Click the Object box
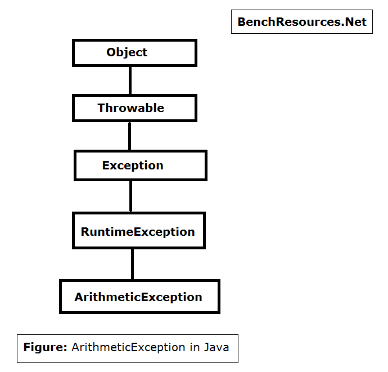[x=134, y=53]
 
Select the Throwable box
[x=134, y=108]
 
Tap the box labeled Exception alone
[x=141, y=165]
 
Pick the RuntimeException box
[x=139, y=230]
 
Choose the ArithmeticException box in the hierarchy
[x=139, y=297]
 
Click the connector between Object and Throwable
[x=130, y=80]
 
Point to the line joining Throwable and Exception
[x=130, y=136]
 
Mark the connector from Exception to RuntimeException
[x=130, y=196]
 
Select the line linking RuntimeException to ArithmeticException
[x=132, y=265]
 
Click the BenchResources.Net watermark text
[x=302, y=22]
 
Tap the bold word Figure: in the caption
[x=46, y=347]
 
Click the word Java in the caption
[x=216, y=347]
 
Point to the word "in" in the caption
[x=195, y=347]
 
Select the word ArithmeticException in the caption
[x=128, y=347]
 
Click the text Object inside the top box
[x=127, y=52]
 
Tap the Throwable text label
[x=130, y=108]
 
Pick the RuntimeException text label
[x=138, y=232]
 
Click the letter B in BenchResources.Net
[x=242, y=22]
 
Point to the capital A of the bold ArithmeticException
[x=79, y=297]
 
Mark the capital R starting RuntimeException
[x=85, y=232]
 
